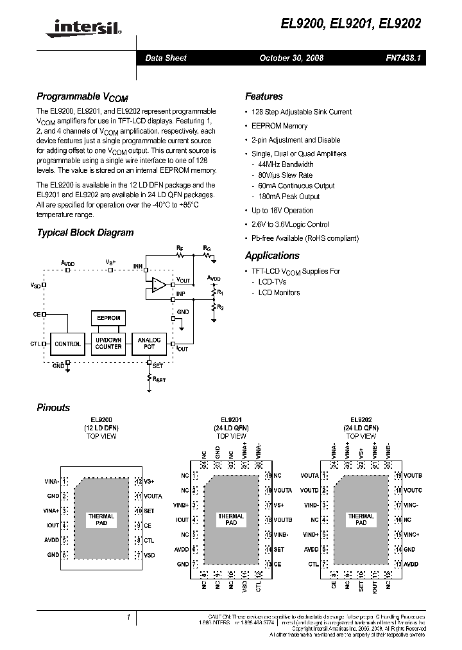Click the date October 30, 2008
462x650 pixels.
(291, 58)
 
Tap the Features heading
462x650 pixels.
(264, 96)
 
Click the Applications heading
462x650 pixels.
(273, 256)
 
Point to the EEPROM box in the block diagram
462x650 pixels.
(108, 318)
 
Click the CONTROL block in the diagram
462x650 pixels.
(67, 344)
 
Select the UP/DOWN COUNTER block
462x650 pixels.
(108, 344)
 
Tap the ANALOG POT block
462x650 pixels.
(149, 344)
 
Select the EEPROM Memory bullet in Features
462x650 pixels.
(279, 126)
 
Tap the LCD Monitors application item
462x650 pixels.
(279, 292)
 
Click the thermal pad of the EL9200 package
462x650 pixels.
(101, 520)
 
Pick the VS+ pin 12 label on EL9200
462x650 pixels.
(149, 480)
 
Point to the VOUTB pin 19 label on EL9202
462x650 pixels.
(413, 476)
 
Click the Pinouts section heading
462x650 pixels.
(53, 407)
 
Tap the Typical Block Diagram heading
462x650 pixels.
(85, 233)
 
